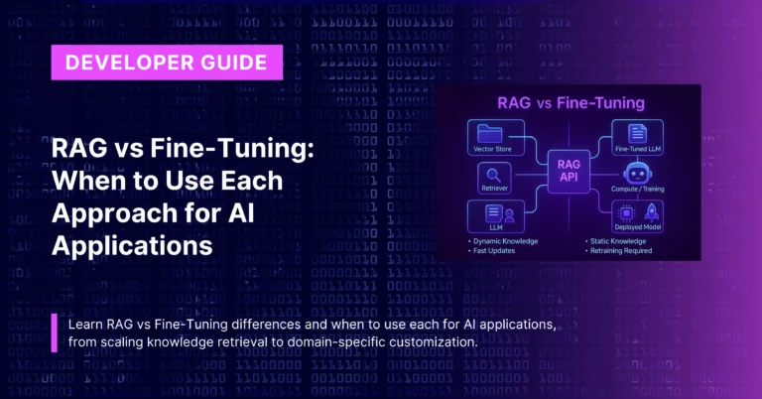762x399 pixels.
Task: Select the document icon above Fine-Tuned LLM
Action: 639,133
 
